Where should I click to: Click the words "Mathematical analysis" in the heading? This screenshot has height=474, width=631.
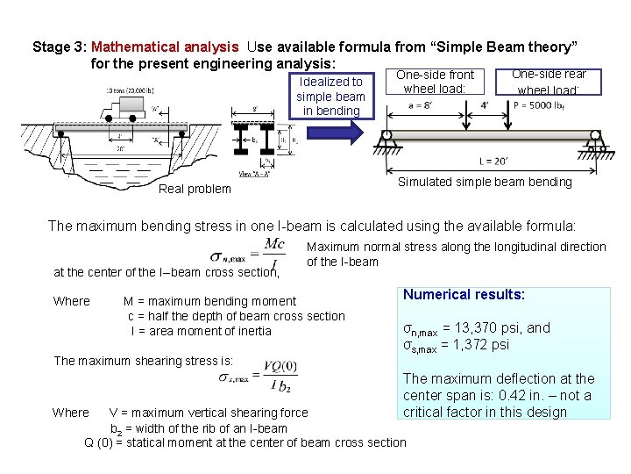coord(164,47)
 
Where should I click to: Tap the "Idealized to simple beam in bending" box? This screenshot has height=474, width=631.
coord(331,96)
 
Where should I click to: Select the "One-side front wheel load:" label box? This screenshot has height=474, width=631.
coord(435,82)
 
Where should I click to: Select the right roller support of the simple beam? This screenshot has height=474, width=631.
coord(596,141)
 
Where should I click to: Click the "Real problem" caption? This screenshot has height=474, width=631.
coord(195,189)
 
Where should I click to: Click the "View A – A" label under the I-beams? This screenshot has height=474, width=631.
coord(252,176)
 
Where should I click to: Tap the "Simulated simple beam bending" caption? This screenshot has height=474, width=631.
coord(484,182)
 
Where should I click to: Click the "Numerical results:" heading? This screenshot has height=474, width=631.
coord(464,295)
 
